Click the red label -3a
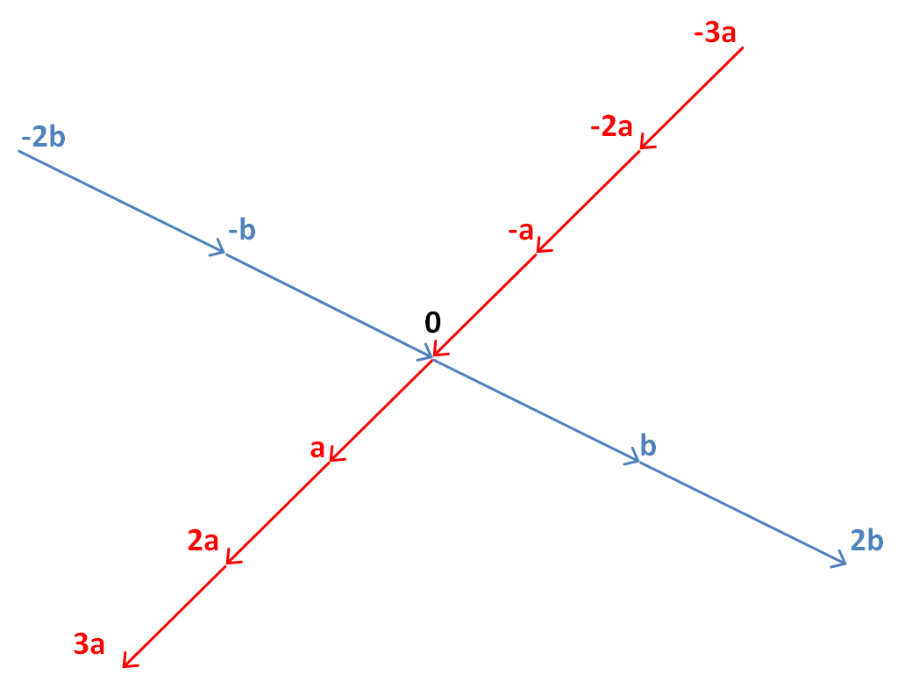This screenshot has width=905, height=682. pyautogui.click(x=715, y=33)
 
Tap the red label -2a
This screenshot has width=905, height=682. pyautogui.click(x=611, y=126)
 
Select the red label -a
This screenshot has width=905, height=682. pyautogui.click(x=521, y=231)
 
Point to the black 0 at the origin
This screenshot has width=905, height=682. pyautogui.click(x=432, y=322)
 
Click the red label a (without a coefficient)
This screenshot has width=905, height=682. pyautogui.click(x=317, y=449)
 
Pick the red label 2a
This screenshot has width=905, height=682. pyautogui.click(x=203, y=541)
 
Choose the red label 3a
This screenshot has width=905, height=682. pyautogui.click(x=89, y=644)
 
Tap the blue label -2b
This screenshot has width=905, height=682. pyautogui.click(x=43, y=138)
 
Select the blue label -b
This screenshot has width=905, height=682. pyautogui.click(x=242, y=231)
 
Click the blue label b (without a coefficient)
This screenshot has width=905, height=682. pyautogui.click(x=649, y=446)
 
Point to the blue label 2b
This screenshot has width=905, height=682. pyautogui.click(x=867, y=541)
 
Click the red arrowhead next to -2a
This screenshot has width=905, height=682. pyautogui.click(x=645, y=144)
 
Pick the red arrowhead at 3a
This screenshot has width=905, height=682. pyautogui.click(x=128, y=661)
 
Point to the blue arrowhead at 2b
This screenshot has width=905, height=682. pyautogui.click(x=841, y=560)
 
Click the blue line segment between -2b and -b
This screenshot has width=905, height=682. pyautogui.click(x=121, y=202)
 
